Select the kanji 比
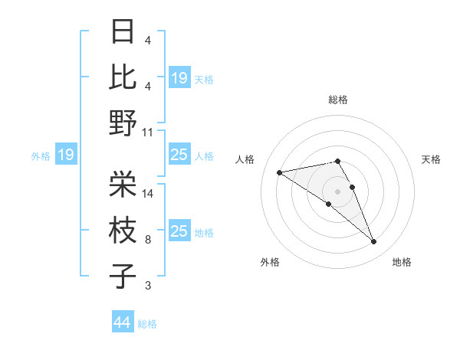[x=123, y=77]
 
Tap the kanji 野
[x=123, y=123]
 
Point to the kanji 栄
[x=123, y=183]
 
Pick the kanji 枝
[x=123, y=229]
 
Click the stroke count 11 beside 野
[x=148, y=132]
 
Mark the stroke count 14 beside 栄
[x=148, y=194]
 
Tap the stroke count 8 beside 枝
[x=148, y=240]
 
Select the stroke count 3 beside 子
[x=148, y=286]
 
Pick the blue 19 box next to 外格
[x=65, y=155]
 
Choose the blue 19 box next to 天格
[x=179, y=77]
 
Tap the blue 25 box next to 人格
[x=179, y=155]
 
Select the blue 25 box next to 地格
[x=179, y=231]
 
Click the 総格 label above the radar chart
[x=337, y=100]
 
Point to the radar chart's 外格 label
[x=270, y=262]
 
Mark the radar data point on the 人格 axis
[x=280, y=172]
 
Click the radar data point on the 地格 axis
[x=374, y=242]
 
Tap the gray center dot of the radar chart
[x=337, y=191]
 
